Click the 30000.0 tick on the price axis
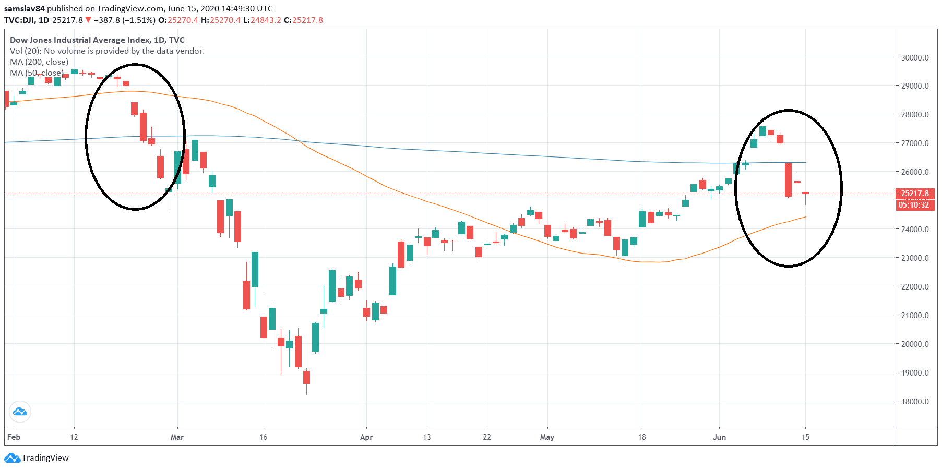pyautogui.click(x=915, y=57)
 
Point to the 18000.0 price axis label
pyautogui.click(x=915, y=401)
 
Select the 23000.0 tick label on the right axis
pyautogui.click(x=915, y=258)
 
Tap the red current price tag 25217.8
pyautogui.click(x=915, y=194)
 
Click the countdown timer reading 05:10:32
pyautogui.click(x=913, y=205)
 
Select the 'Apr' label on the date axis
pyautogui.click(x=366, y=437)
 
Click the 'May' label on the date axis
pyautogui.click(x=547, y=437)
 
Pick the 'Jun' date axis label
pyautogui.click(x=719, y=437)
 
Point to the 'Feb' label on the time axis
pyautogui.click(x=14, y=437)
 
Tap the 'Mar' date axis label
pyautogui.click(x=177, y=437)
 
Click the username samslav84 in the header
pyautogui.click(x=24, y=8)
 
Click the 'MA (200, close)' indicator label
pyautogui.click(x=39, y=62)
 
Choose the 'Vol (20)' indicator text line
pyautogui.click(x=107, y=51)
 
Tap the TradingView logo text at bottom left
pyautogui.click(x=45, y=458)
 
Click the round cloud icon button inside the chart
pyautogui.click(x=20, y=412)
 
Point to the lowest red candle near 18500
pyautogui.click(x=306, y=377)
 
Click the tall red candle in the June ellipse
pyautogui.click(x=788, y=180)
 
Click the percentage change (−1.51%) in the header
pyautogui.click(x=139, y=20)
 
